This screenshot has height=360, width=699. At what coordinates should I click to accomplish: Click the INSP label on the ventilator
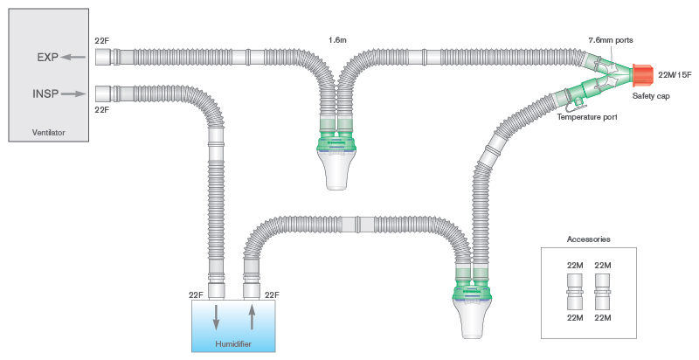[45, 92]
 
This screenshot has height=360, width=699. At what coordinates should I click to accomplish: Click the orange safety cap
[642, 75]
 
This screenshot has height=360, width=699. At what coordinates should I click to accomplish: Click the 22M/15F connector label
[674, 76]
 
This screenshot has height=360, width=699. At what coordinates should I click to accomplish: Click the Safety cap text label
[651, 96]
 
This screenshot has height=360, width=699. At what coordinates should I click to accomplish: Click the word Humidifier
[234, 343]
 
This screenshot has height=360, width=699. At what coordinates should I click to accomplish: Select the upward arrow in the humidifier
[252, 316]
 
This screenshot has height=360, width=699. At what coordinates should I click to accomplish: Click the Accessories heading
[588, 239]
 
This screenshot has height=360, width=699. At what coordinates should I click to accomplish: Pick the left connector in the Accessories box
[575, 290]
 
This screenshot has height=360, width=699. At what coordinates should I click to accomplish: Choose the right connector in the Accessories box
[601, 290]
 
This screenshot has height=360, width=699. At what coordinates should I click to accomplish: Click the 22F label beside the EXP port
[101, 41]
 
